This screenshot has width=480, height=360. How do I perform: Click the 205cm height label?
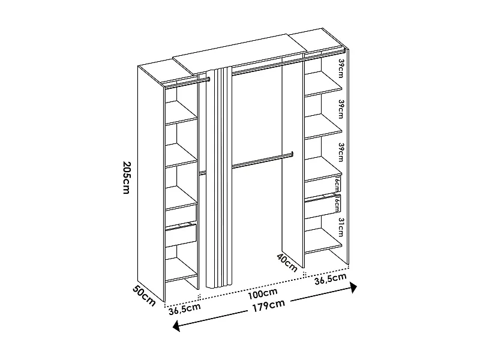coord(126,178)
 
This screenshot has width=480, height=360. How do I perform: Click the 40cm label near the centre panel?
coord(287,263)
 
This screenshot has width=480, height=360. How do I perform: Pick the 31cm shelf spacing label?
coord(340,228)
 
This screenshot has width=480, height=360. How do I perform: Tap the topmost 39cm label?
coord(340,68)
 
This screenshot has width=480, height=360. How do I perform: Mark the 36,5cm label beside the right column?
coord(331,278)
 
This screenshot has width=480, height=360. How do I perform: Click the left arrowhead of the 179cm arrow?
coord(176,326)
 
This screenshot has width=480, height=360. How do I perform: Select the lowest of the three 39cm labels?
coord(340,152)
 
